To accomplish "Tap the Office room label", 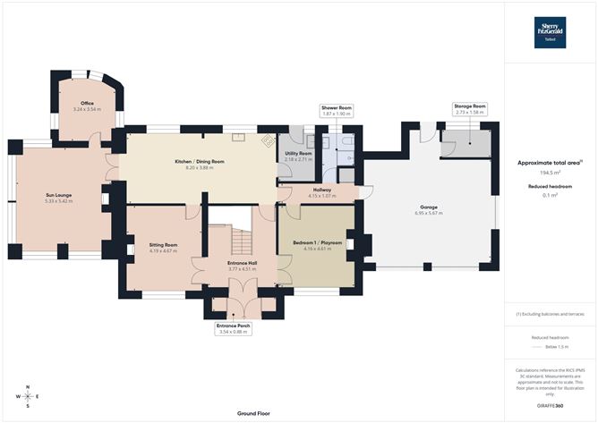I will click(88, 106).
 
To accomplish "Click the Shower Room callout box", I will click(337, 110).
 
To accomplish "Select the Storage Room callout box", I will click(470, 110).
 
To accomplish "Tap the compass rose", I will click(28, 395).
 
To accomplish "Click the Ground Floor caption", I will click(253, 414).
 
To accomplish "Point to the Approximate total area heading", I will click(551, 163).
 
